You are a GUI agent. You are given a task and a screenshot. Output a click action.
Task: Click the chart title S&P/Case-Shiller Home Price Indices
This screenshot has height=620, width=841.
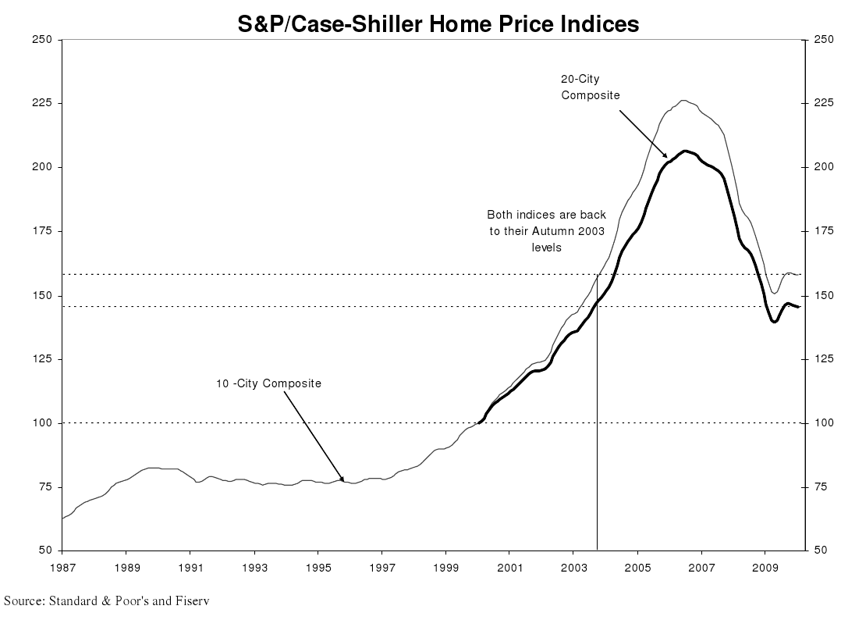point(438,24)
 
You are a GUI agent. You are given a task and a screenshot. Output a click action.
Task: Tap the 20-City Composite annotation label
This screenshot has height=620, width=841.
point(590,87)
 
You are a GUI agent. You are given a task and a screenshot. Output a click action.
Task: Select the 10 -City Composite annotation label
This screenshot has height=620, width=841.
point(268,383)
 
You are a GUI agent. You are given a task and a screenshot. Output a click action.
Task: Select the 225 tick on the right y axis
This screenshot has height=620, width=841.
point(823,103)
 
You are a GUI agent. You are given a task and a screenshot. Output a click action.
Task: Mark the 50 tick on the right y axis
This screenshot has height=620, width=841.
point(820,551)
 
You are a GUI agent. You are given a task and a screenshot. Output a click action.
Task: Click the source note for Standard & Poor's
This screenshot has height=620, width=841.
point(108,600)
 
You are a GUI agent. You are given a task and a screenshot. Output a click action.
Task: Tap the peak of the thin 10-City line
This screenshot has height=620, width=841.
point(683,100)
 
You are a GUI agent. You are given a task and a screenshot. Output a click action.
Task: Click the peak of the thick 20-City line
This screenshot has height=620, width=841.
point(685,151)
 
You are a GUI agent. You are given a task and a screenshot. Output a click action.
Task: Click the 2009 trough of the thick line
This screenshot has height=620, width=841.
point(774,321)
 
